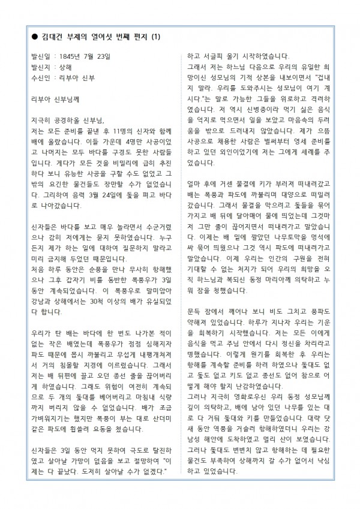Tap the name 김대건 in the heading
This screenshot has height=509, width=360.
click(51, 37)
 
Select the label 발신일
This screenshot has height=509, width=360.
click(40, 57)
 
